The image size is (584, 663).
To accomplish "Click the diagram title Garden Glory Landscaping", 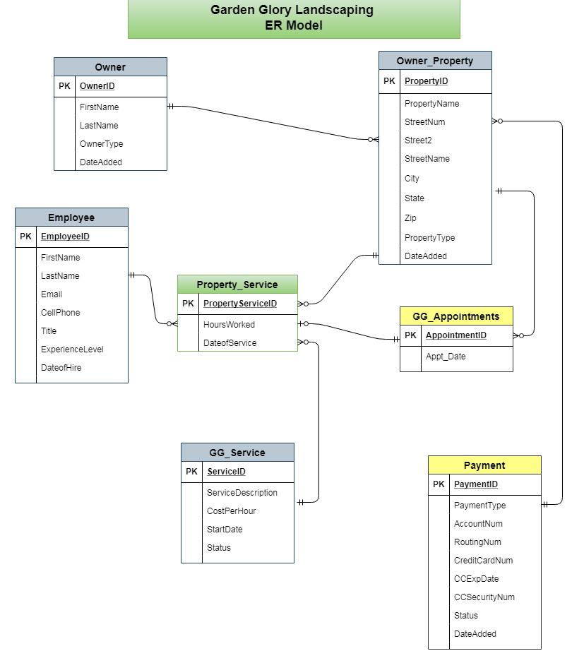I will point(293,11).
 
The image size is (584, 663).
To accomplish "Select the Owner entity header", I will point(110,67).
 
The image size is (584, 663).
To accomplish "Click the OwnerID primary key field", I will point(97,86).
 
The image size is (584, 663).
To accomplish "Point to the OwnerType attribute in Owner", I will point(101,144).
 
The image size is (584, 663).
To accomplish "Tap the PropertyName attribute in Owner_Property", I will point(431,104).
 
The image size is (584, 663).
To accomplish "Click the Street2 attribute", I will point(417,141).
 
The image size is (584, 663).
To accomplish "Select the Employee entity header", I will point(71,217).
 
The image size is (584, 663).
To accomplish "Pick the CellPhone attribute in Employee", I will point(60,313).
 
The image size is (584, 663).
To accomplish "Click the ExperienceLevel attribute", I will point(72,350).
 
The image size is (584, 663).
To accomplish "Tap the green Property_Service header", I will point(237,285).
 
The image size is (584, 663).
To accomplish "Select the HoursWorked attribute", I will point(229,325).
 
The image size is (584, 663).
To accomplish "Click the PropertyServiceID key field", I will point(240,304).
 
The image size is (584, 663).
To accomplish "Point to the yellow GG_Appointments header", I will point(456,316).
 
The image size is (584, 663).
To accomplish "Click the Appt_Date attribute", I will point(446,357).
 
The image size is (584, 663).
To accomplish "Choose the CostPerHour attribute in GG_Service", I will point(231,511).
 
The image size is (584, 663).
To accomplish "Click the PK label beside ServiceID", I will point(191,472).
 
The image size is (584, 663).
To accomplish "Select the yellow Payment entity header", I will point(484,465).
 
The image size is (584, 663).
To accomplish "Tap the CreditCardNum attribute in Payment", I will point(483,561).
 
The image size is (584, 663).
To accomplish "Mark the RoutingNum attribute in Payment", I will point(477,542).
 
